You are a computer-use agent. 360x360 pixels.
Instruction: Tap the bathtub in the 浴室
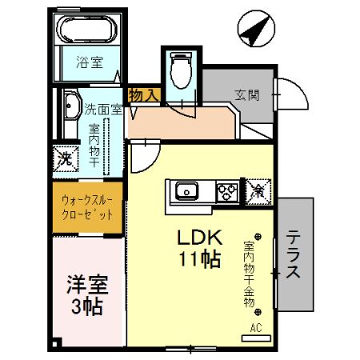pos(88,33)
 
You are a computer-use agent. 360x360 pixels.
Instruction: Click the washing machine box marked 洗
pos(66,157)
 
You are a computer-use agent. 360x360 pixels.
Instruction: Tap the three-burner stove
pos(227,192)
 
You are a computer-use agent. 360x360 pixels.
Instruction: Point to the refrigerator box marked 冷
pos(258,192)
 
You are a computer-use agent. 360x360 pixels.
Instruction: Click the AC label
pos(257,327)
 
